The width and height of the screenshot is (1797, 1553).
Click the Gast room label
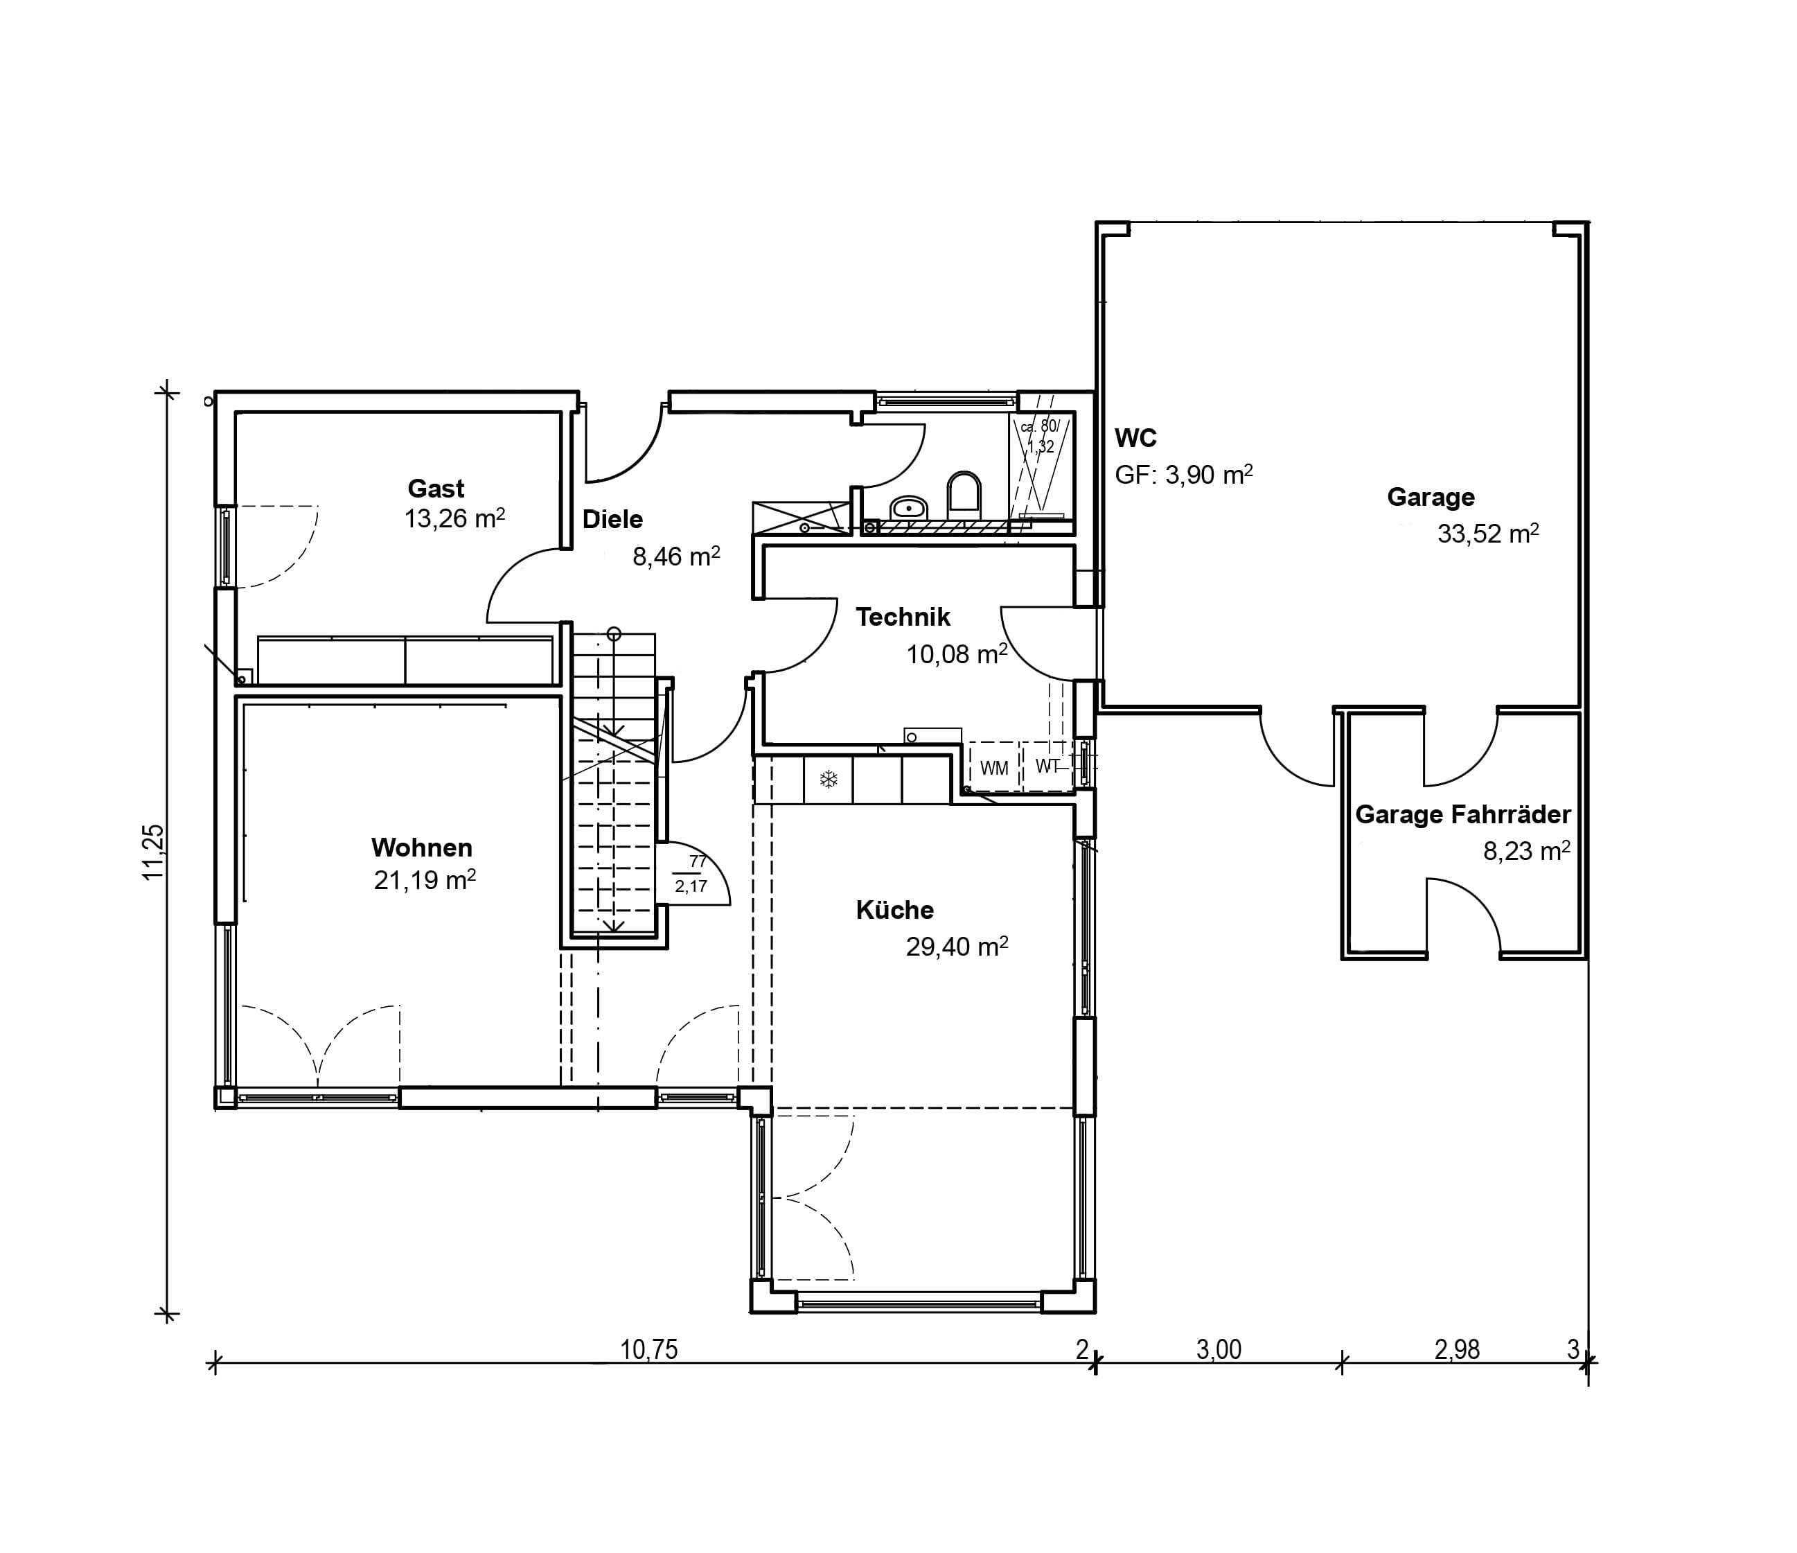[436, 489]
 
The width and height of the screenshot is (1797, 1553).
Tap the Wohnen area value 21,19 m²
[425, 879]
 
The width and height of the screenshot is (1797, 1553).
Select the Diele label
[612, 519]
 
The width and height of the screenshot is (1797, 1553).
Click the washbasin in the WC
[909, 507]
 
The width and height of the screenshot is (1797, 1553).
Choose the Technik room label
[903, 617]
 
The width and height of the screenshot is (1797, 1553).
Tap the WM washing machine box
[994, 768]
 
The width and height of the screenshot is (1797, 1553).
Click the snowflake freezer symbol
[829, 779]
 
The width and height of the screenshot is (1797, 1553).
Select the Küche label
[895, 909]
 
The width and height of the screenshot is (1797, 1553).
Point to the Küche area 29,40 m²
[957, 947]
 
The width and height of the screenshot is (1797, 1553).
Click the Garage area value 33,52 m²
[1488, 533]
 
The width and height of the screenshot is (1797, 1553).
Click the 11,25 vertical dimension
[154, 852]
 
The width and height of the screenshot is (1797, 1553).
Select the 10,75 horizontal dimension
[648, 1350]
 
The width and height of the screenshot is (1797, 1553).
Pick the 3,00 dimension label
[1219, 1350]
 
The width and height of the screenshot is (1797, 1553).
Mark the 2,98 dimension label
[1457, 1350]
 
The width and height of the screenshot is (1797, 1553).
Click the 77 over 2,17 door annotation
[692, 874]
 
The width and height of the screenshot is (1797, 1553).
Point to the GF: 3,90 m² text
[1184, 475]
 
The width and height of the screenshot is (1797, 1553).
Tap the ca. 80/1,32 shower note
[1040, 437]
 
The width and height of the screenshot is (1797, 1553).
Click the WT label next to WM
[1047, 766]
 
